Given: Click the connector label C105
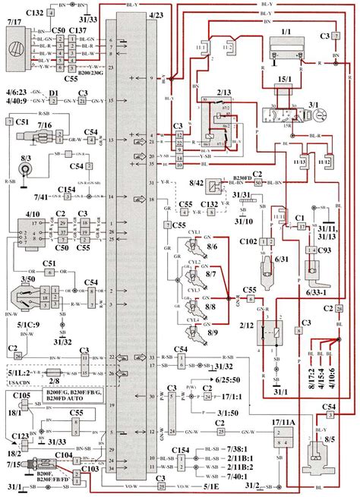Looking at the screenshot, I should (x=21, y=396).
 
